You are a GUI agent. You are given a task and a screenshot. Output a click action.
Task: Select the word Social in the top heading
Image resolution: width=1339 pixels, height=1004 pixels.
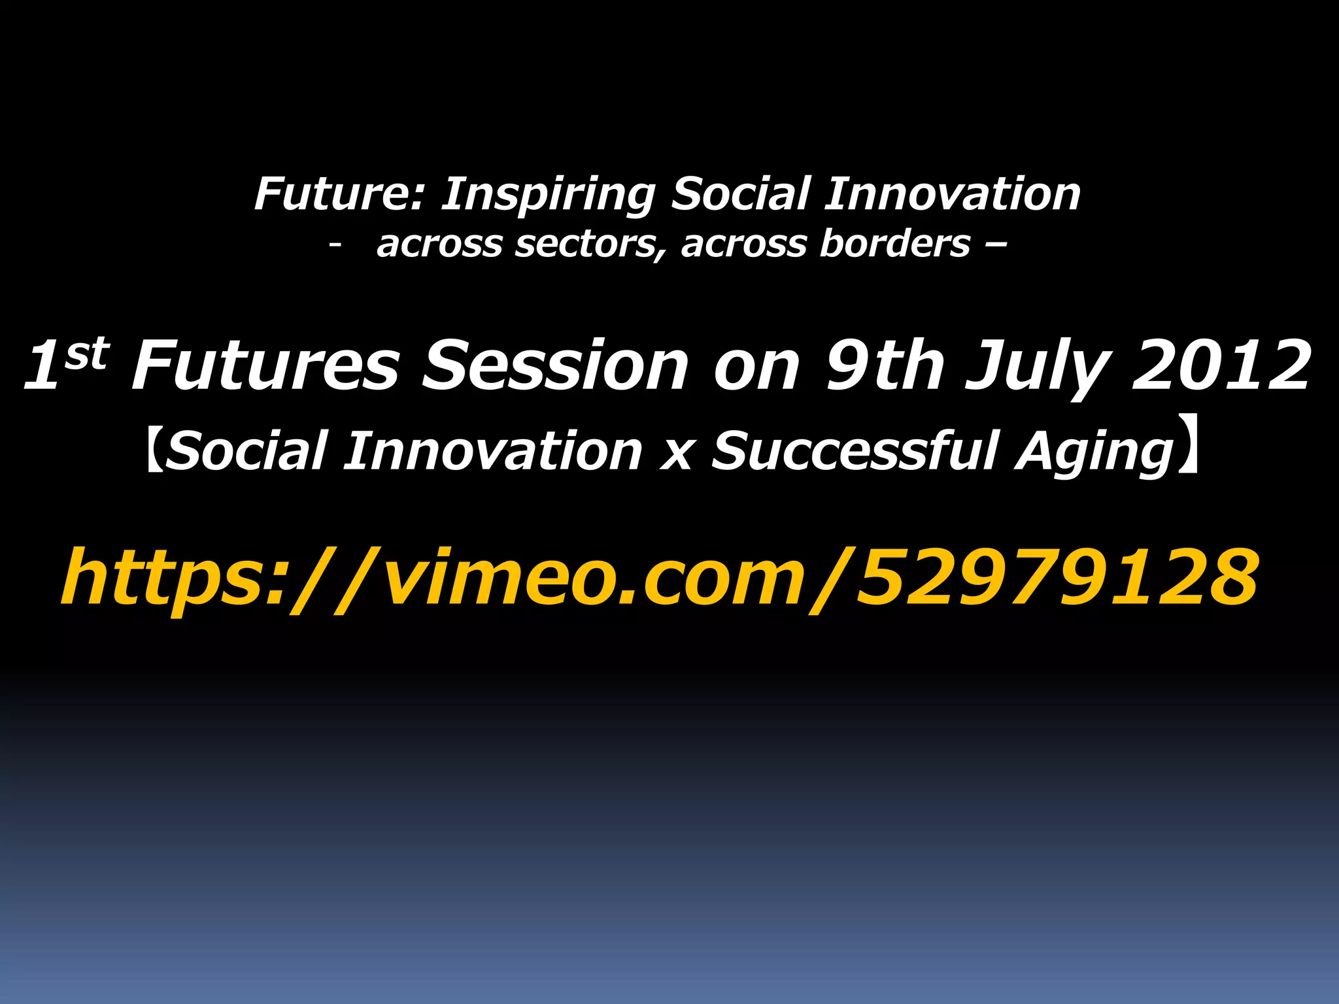(741, 194)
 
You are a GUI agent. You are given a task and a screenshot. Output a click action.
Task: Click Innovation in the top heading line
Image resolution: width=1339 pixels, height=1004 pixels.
(952, 194)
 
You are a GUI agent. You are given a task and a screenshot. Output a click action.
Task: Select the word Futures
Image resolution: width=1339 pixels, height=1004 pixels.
(265, 366)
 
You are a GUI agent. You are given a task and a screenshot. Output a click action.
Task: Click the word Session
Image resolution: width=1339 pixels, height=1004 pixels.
(556, 366)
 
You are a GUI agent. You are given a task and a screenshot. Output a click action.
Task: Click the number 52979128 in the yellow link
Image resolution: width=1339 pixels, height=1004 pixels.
(1057, 577)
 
